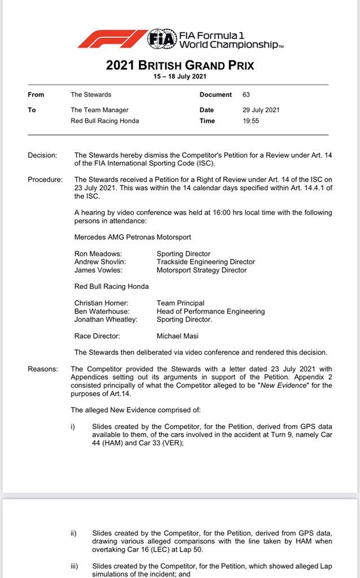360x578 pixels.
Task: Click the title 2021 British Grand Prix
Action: (x=180, y=65)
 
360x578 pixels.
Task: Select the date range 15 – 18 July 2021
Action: (x=180, y=76)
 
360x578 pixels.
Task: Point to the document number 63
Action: (x=246, y=95)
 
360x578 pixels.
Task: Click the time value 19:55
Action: (x=251, y=121)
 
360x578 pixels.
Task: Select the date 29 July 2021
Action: (x=261, y=110)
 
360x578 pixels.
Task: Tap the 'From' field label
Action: (x=36, y=95)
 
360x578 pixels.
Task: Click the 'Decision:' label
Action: (x=42, y=155)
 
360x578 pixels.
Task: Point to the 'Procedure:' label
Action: (x=45, y=179)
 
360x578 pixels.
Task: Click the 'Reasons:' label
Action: (x=43, y=369)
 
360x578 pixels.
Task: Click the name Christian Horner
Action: (x=99, y=303)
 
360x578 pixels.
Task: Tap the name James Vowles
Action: (x=97, y=270)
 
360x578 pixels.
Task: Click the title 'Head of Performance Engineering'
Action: (x=210, y=311)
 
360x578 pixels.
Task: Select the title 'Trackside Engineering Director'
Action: (x=206, y=262)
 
